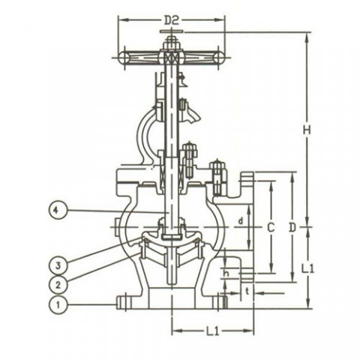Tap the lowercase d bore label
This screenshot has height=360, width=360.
(239, 220)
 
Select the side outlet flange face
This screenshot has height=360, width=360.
(250, 225)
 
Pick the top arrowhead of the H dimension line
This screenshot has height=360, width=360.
(307, 34)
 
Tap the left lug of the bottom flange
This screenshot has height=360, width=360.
(122, 301)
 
